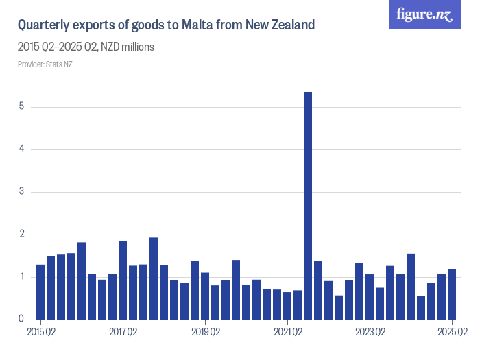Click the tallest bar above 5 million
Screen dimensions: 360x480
(308, 206)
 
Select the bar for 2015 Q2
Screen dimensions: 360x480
(40, 292)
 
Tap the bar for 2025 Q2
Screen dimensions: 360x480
(452, 294)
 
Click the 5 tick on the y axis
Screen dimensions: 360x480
(22, 107)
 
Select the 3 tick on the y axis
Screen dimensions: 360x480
(22, 192)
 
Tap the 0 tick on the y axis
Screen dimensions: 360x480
(22, 320)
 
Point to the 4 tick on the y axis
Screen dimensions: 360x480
(22, 149)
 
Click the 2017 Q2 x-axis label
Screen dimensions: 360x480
(123, 333)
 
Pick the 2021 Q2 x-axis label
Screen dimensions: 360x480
(287, 333)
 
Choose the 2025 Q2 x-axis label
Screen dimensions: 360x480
(452, 333)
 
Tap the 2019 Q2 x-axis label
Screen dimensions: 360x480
(205, 333)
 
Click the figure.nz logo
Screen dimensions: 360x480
(424, 15)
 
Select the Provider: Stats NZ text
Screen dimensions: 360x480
(45, 64)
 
